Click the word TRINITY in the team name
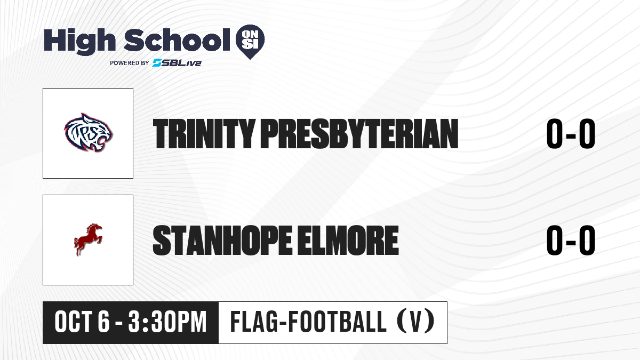pos(204,134)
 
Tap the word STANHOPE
pos(222,240)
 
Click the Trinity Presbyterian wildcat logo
pos(89,133)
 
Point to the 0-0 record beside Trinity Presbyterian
pos(571,134)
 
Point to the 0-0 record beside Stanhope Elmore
pos(571,240)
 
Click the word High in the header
pos(79,41)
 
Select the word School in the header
pos(177,39)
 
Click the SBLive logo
pos(177,63)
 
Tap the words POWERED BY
pos(130,63)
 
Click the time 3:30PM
pos(167,322)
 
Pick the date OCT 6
pos(82,322)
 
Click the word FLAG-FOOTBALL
pos(308,322)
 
